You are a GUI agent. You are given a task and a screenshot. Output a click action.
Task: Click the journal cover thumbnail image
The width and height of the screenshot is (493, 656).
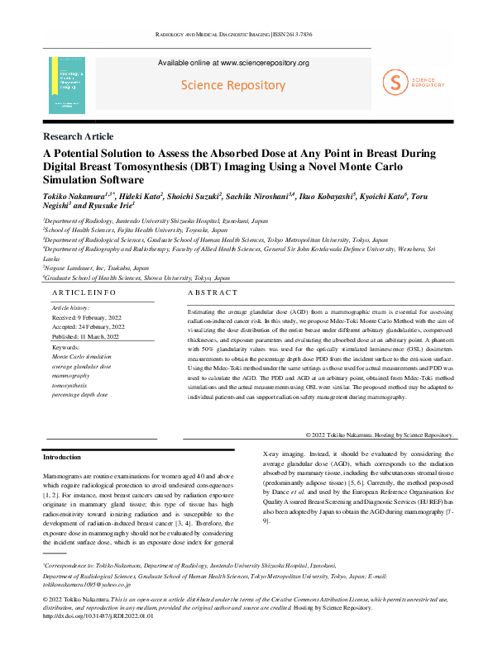(x=67, y=85)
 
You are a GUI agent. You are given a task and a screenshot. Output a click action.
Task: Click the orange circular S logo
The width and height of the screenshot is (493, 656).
(x=395, y=81)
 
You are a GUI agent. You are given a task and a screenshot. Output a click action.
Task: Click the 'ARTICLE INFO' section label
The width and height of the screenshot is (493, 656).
(x=83, y=293)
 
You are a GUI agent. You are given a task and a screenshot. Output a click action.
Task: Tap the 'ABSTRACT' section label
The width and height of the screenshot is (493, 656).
(x=213, y=293)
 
